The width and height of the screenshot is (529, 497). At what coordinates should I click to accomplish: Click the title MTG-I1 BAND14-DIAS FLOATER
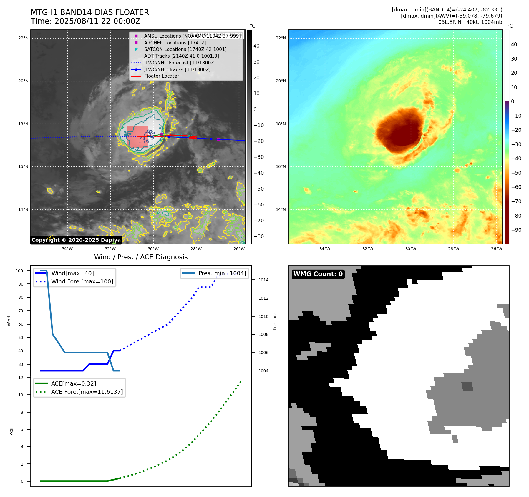click(x=90, y=12)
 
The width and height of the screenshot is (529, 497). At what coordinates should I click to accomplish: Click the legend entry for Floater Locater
click(x=161, y=76)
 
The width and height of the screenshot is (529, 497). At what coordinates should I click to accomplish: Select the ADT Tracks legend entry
click(x=181, y=56)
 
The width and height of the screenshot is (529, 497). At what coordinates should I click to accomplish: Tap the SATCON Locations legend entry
click(x=185, y=49)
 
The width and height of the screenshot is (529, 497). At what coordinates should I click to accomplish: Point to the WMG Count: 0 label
click(x=318, y=274)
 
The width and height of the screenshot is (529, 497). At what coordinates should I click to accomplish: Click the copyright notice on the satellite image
click(x=76, y=240)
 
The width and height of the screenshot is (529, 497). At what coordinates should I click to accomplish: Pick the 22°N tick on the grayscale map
click(x=24, y=38)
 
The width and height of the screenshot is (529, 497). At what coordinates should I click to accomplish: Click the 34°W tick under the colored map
click(x=325, y=249)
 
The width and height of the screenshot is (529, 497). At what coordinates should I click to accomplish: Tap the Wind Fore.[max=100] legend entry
click(x=82, y=281)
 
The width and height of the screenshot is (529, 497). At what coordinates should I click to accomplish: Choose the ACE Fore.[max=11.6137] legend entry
click(x=87, y=392)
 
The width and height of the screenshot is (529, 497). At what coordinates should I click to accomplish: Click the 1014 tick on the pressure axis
click(x=263, y=280)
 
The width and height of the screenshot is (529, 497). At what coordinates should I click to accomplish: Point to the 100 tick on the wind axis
click(x=19, y=271)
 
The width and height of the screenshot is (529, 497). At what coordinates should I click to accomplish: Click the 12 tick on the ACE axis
click(x=21, y=378)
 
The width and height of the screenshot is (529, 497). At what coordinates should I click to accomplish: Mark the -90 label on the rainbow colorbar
click(x=516, y=230)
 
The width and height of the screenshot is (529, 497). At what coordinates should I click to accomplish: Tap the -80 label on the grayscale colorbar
click(x=258, y=236)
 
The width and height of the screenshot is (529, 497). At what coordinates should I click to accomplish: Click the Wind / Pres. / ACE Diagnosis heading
click(x=141, y=257)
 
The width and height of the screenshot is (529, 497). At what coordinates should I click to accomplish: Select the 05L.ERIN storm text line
click(x=470, y=22)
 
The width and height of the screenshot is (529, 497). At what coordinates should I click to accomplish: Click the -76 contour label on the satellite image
click(x=144, y=141)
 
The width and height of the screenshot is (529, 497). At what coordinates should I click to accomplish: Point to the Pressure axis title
click(x=275, y=321)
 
